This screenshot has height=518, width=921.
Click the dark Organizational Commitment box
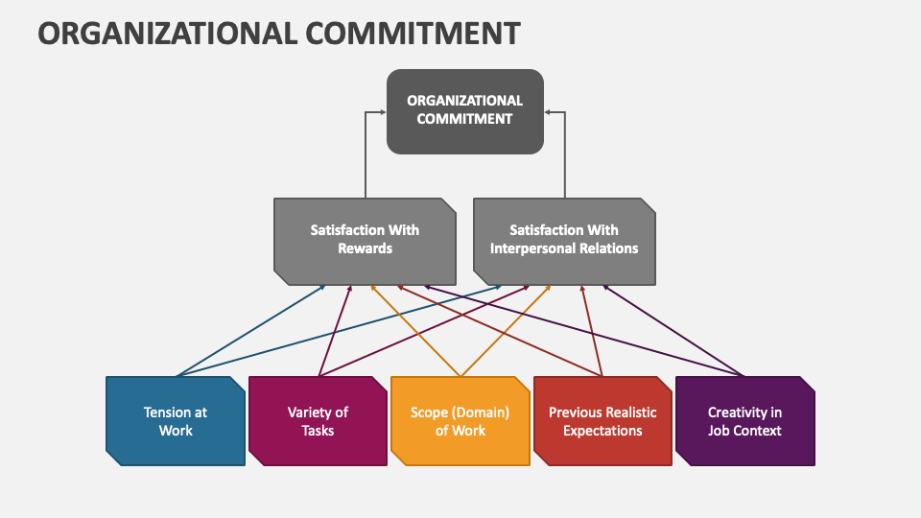coord(464,110)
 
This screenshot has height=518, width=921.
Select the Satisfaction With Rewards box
coord(365,240)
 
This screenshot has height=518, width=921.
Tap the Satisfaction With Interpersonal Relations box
coord(564,240)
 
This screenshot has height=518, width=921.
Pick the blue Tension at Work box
coord(176,421)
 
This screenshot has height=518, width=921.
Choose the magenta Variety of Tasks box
coord(318,421)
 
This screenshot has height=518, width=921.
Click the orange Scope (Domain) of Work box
coord(460,421)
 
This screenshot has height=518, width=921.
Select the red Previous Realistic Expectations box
coord(602,421)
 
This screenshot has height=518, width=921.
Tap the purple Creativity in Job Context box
coord(744,421)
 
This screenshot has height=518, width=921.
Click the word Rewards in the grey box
coord(365,248)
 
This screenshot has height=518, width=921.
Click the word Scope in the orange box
coord(430,412)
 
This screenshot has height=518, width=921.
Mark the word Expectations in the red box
coord(602,431)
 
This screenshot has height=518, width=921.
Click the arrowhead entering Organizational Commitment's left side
coord(382,112)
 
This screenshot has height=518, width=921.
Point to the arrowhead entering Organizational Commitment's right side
coord(548,112)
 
